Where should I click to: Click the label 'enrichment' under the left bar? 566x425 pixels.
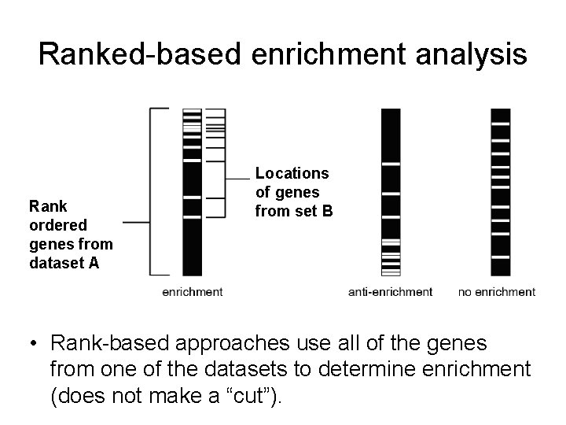[x=192, y=292]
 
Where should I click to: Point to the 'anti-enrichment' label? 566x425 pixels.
[x=390, y=292]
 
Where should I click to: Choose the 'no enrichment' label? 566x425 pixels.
[x=497, y=292]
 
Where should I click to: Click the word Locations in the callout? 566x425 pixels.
[x=292, y=172]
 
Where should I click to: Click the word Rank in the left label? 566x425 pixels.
[x=48, y=206]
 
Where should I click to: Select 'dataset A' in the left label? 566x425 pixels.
[x=64, y=263]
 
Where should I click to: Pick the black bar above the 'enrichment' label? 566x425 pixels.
[x=192, y=236]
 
